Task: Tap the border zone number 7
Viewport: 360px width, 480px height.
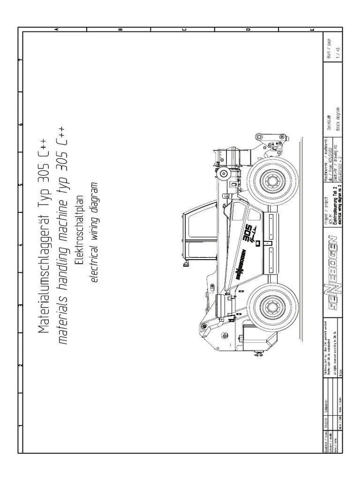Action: pyautogui.click(x=20, y=61)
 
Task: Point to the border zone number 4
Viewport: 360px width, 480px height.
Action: pyautogui.click(x=20, y=244)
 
